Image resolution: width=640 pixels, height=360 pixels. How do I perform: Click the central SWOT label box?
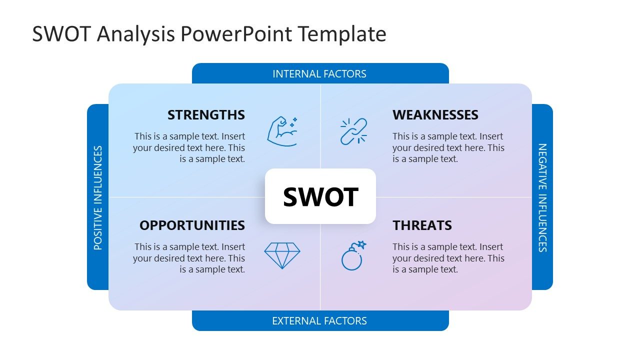tap(320, 196)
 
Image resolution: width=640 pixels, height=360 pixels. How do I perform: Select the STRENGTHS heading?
tap(206, 115)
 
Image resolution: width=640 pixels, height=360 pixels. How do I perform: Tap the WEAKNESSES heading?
tap(435, 115)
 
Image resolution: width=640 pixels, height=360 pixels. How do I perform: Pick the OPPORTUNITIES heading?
tap(192, 225)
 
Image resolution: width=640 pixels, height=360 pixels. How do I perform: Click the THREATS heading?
tap(422, 225)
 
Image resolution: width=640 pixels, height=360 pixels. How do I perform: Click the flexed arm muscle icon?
tap(282, 131)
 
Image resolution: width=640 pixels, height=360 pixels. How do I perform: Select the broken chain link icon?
tap(353, 131)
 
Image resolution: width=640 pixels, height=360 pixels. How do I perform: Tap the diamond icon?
tap(282, 255)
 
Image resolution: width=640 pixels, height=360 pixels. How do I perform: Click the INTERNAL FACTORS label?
tap(319, 74)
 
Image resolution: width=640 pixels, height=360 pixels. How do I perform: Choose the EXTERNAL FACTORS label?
tap(319, 321)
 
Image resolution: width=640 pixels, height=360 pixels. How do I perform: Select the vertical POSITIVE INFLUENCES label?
tap(98, 197)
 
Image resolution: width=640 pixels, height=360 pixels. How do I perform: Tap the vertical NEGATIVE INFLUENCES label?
tap(542, 197)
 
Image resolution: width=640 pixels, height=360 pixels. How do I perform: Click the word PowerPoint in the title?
tap(236, 34)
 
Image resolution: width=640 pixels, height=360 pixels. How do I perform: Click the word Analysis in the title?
tap(136, 34)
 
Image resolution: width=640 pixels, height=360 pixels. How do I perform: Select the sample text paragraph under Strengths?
tap(189, 147)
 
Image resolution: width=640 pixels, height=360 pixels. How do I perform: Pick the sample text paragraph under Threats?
tap(448, 258)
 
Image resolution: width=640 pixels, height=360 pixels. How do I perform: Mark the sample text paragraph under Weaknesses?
tap(448, 147)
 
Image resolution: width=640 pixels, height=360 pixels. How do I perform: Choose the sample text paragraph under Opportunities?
tap(189, 258)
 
